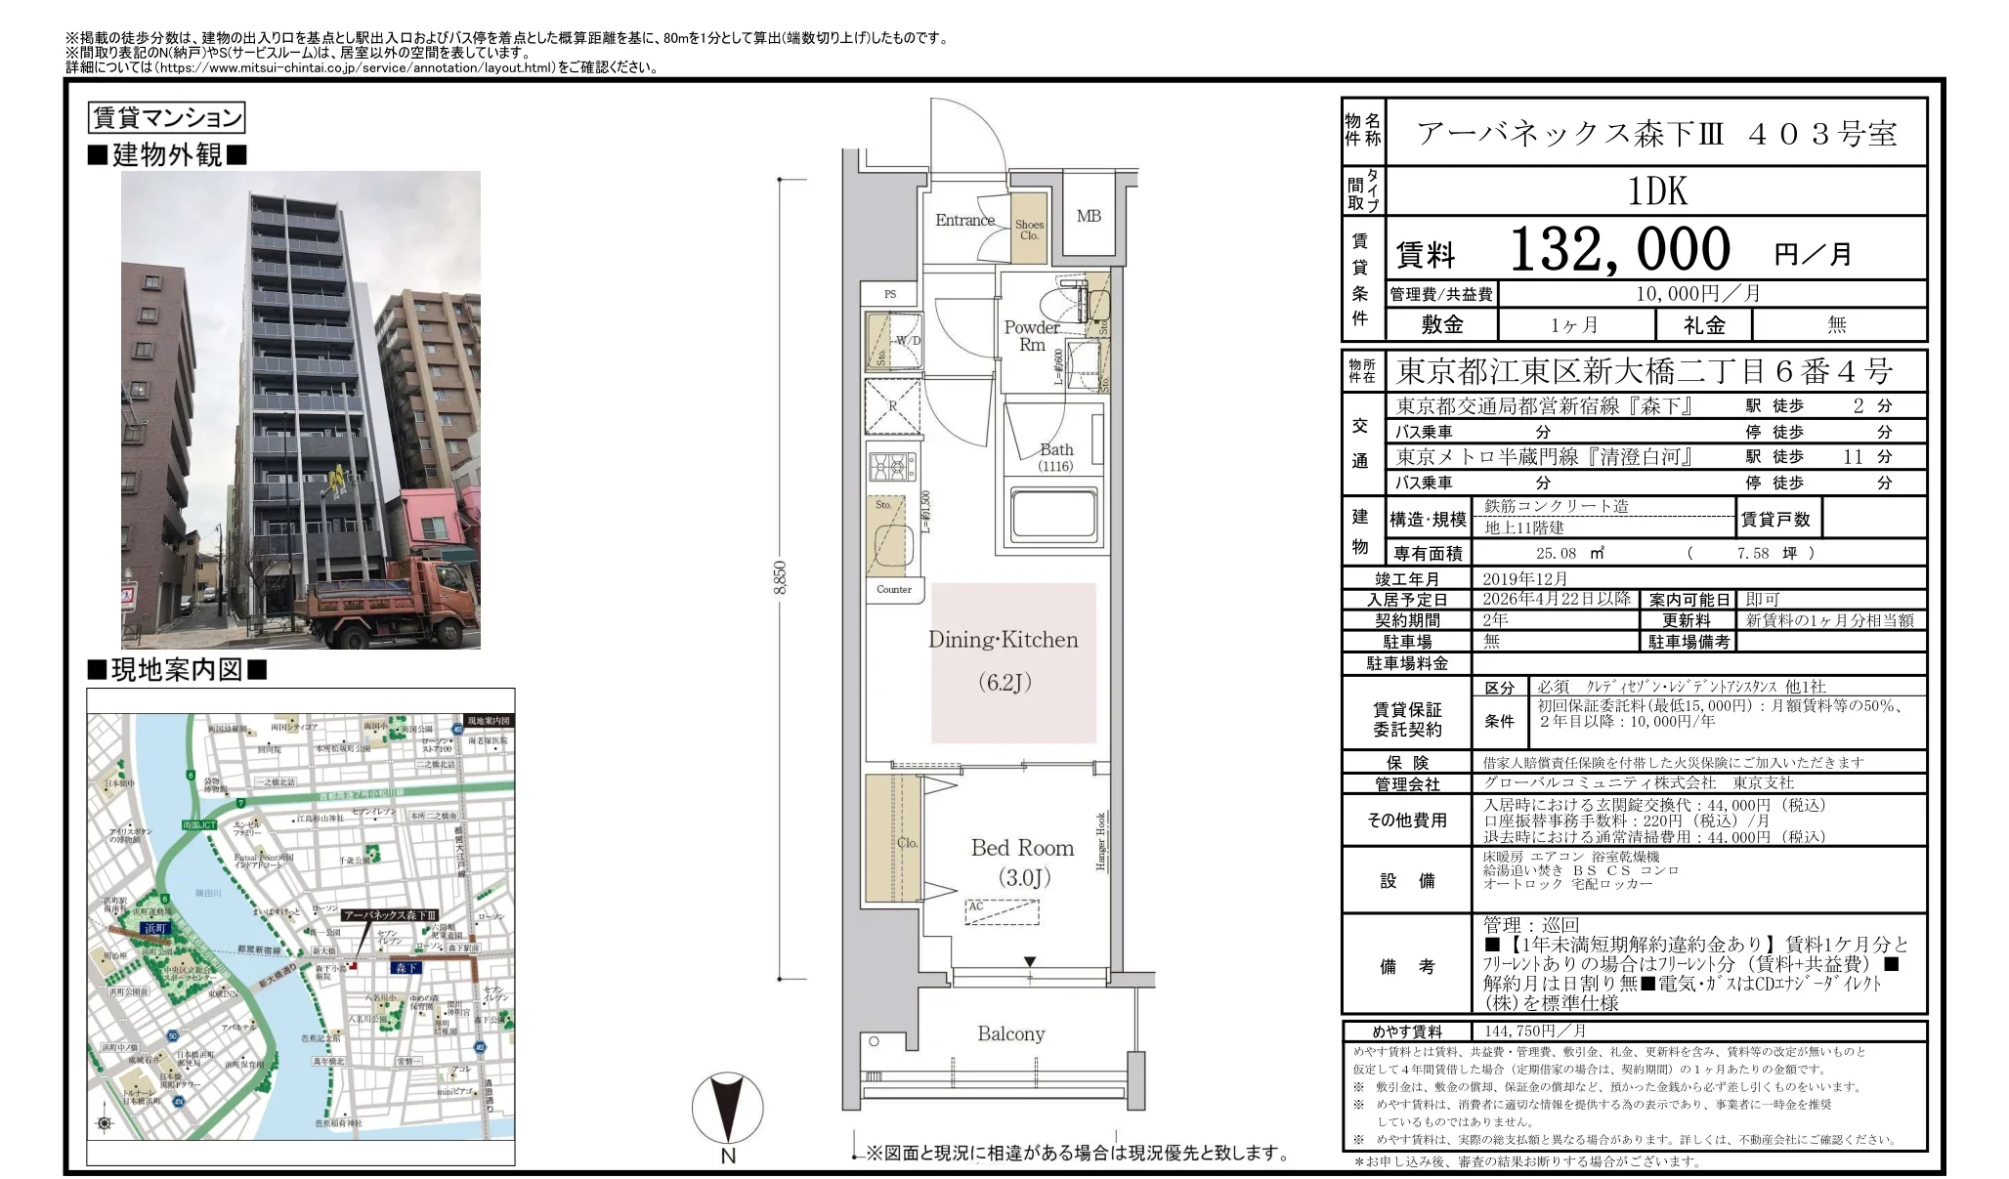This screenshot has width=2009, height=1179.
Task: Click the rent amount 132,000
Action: point(1620,250)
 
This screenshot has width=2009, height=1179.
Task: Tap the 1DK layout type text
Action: point(1657,191)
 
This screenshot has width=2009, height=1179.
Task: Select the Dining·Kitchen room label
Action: point(1003,641)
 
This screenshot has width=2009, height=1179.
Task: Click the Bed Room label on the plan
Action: point(1022,848)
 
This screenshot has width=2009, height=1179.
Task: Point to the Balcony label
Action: point(1010,1033)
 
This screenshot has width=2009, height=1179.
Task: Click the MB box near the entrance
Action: point(1089,216)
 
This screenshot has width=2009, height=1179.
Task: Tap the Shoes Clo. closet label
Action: point(1029,230)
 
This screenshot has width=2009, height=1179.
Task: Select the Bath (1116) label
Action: point(1055,456)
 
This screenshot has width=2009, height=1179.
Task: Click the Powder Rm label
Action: point(1031,335)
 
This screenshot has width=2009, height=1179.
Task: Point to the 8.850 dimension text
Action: point(780,577)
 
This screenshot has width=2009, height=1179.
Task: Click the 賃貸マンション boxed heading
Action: point(166,118)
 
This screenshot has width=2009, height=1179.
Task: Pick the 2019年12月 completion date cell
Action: point(1524,578)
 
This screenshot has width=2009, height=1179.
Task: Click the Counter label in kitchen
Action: point(893,589)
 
